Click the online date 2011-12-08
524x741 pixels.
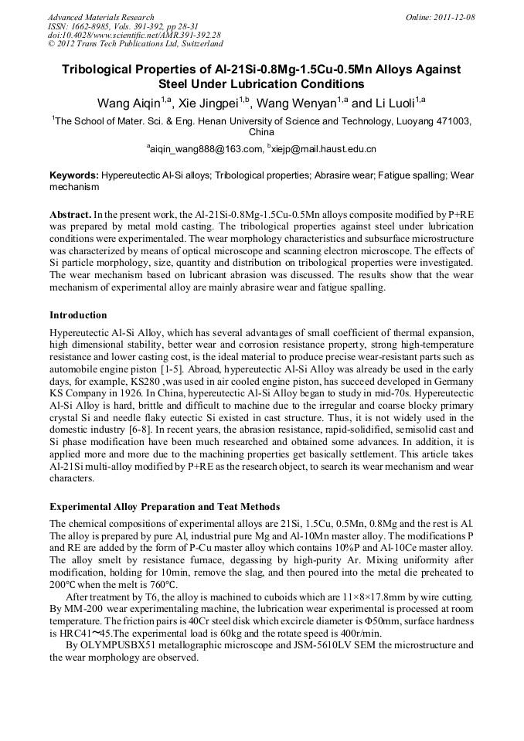coord(454,17)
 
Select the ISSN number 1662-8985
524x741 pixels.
coord(90,26)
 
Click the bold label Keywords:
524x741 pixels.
coord(74,175)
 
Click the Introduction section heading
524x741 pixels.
coord(78,315)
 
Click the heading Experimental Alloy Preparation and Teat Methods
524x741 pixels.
coord(165,507)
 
